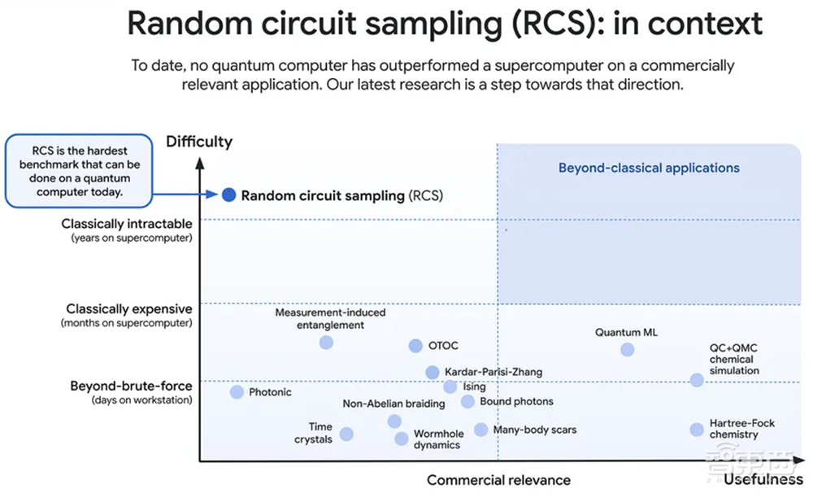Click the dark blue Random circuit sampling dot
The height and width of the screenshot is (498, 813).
pos(229,195)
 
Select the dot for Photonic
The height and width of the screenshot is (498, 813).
pos(237,392)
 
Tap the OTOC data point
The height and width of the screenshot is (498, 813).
pos(415,346)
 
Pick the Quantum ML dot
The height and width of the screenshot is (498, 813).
pos(627,349)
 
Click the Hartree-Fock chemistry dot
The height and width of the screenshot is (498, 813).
pos(697,430)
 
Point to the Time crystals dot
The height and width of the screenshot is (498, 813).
pos(346,434)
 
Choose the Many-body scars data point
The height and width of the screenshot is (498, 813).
pos(481,430)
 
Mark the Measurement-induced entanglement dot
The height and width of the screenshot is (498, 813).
pos(326,343)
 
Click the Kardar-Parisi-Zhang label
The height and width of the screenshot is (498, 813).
pos(493,373)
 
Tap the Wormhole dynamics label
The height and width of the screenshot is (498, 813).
pos(437,439)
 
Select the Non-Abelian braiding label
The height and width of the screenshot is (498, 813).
pos(393,404)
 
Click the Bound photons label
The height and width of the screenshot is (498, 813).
pos(516,401)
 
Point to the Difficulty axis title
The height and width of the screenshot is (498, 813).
pos(199,142)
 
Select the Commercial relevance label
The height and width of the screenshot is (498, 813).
pos(498,480)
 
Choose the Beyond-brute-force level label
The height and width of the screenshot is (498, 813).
pos(132,386)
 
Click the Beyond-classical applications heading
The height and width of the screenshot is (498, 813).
pos(649,168)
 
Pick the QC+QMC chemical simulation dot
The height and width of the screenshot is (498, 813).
pos(697,380)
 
